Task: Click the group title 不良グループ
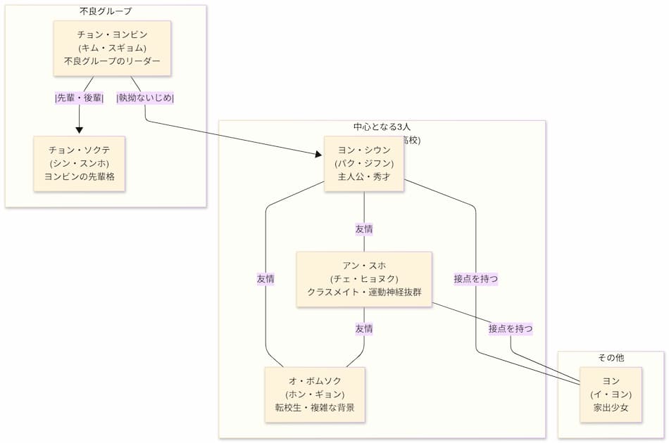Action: coord(106,11)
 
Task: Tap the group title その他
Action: coord(611,358)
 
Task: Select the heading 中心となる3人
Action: coord(382,127)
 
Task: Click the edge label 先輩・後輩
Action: coord(80,98)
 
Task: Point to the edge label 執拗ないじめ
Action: coord(146,98)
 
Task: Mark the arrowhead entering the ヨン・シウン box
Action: coord(319,155)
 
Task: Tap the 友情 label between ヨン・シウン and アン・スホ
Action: coord(364,229)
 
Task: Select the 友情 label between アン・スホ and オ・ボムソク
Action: coord(364,328)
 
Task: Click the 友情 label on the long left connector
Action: coord(265,278)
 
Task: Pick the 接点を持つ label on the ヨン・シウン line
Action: coord(476,278)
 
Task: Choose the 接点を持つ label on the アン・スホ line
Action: coord(511,328)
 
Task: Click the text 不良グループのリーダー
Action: coord(113,61)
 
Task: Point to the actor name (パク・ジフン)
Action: coord(364,164)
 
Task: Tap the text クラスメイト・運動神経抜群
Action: coord(364,292)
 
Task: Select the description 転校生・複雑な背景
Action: coord(315,407)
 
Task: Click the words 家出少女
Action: coord(611,407)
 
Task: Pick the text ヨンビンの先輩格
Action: coord(80,176)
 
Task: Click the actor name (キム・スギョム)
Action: coord(113,48)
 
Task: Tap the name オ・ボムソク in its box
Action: coord(315,381)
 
